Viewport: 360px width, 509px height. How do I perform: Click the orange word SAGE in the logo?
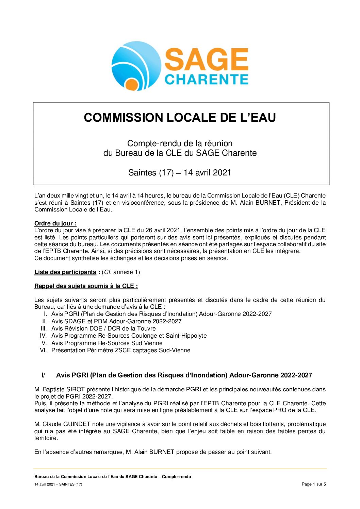pyautogui.click(x=207, y=59)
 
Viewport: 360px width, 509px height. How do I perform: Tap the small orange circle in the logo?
pyautogui.click(x=130, y=84)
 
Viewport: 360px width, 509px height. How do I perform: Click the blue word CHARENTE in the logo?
pyautogui.click(x=207, y=80)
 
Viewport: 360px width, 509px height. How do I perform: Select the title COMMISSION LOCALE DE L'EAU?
pyautogui.click(x=180, y=118)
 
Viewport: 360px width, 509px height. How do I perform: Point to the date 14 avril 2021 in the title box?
pyautogui.click(x=207, y=173)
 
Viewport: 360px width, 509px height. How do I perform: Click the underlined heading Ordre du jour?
pyautogui.click(x=55, y=223)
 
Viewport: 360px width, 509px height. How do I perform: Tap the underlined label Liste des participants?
pyautogui.click(x=65, y=272)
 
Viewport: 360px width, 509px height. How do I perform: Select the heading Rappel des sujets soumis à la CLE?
pyautogui.click(x=86, y=286)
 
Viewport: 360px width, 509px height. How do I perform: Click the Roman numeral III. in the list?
pyautogui.click(x=44, y=328)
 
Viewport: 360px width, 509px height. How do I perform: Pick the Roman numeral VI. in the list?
pyautogui.click(x=43, y=350)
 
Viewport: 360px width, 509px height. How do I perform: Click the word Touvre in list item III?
pyautogui.click(x=146, y=328)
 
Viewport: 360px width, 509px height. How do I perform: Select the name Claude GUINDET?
pyautogui.click(x=66, y=424)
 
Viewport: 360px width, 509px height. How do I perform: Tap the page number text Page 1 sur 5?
pyautogui.click(x=314, y=484)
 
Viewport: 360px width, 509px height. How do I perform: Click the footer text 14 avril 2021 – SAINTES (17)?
pyautogui.click(x=58, y=484)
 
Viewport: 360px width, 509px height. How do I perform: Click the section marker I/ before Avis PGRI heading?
pyautogui.click(x=43, y=375)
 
